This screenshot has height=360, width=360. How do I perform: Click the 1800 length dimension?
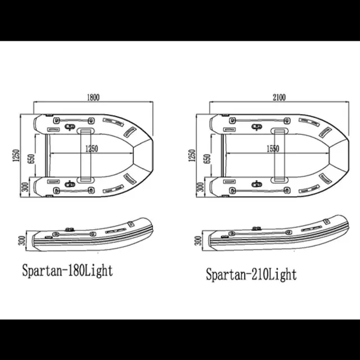[92, 97]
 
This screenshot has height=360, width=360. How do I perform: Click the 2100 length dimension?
[277, 97]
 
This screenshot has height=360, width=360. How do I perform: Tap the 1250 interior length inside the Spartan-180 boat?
[91, 149]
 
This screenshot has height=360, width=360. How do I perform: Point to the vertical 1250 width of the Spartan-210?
[192, 155]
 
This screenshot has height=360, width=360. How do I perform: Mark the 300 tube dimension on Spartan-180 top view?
[24, 187]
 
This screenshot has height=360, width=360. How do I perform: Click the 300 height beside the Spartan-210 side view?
[198, 241]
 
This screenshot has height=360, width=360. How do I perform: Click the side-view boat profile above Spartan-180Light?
[90, 237]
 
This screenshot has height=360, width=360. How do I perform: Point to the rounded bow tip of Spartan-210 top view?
[347, 153]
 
